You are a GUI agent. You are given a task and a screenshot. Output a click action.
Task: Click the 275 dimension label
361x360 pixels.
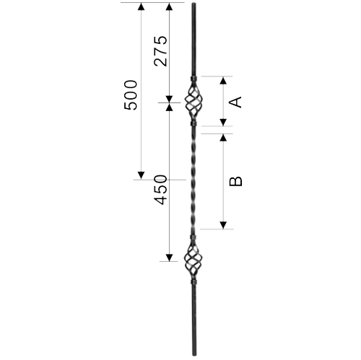[x=160, y=51]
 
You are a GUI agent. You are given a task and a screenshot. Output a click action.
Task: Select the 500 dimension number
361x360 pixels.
[x=131, y=95]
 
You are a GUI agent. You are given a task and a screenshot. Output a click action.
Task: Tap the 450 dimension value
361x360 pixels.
[x=160, y=190]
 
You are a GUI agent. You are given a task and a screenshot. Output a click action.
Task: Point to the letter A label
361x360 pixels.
[x=235, y=102]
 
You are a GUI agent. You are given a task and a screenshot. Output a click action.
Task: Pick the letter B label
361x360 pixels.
[x=235, y=181]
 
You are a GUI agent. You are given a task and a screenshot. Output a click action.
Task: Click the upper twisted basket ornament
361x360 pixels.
[x=193, y=101]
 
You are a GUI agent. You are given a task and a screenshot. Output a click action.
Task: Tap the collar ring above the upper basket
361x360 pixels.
[x=193, y=79]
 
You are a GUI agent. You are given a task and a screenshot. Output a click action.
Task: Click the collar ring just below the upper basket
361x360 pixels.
[x=193, y=124]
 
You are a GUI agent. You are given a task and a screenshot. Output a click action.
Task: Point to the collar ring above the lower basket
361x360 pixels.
[x=193, y=237]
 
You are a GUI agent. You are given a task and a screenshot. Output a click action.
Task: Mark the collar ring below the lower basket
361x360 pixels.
[x=193, y=281]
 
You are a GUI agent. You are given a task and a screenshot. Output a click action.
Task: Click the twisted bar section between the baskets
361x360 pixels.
[x=194, y=180]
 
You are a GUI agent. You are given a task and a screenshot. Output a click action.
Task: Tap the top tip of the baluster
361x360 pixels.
[x=194, y=3]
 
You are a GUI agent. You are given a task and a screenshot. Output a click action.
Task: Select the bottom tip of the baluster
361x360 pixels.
[x=194, y=355]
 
